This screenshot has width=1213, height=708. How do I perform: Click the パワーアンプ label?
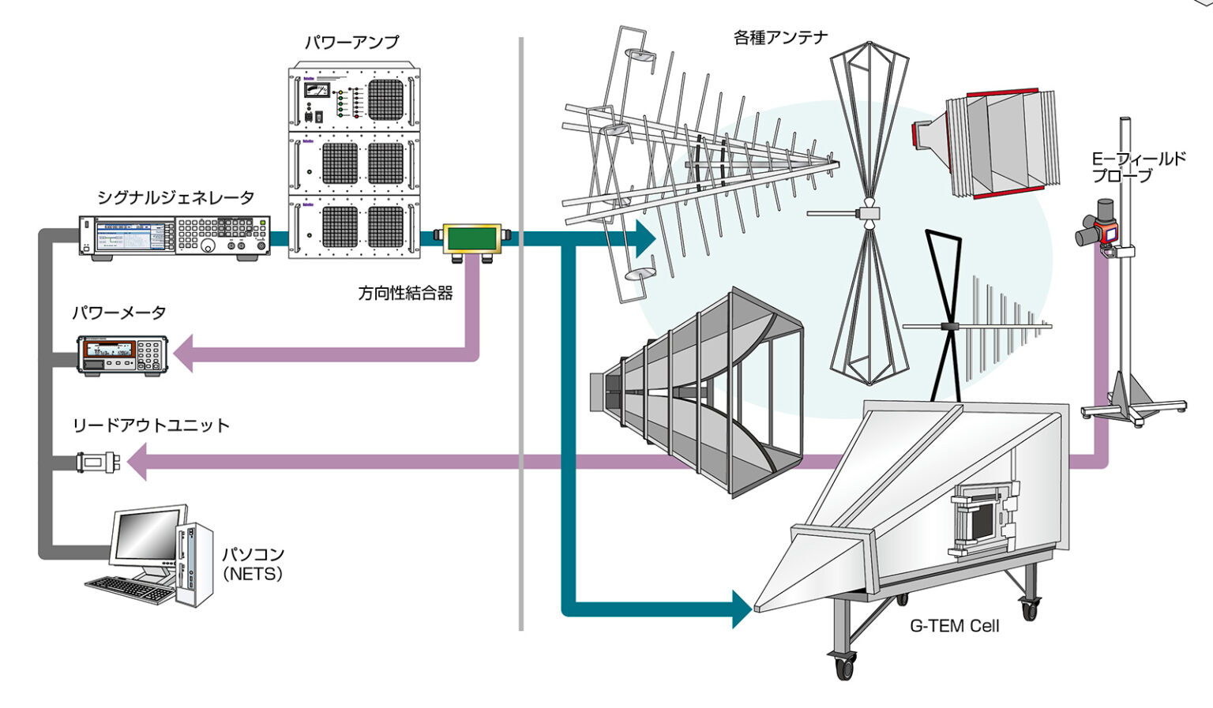[351, 42]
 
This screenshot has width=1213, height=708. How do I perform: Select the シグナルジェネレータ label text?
[175, 197]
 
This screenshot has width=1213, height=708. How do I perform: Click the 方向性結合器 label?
[405, 294]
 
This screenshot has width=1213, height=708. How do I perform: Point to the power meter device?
[122, 354]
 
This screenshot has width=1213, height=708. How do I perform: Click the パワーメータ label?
[119, 313]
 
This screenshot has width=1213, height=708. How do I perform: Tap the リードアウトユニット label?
[151, 425]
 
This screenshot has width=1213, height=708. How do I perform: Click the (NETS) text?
[253, 574]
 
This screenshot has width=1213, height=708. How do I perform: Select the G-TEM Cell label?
[954, 626]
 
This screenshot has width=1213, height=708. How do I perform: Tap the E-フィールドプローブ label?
[1138, 167]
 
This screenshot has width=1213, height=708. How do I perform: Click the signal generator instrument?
[175, 236]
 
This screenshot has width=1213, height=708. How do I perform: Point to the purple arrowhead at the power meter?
[183, 354]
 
